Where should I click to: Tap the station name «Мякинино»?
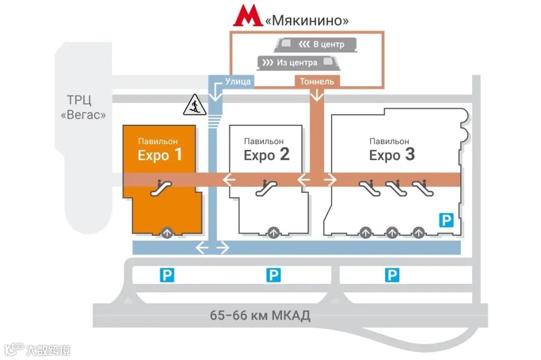(307, 21)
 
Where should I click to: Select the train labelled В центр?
(316, 45)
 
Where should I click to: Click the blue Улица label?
(237, 82)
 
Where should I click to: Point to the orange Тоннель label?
(317, 82)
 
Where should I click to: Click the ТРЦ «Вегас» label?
(83, 107)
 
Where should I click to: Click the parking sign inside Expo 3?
(446, 219)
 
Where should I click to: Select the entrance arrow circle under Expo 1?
(166, 232)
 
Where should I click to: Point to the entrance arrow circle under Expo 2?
(273, 232)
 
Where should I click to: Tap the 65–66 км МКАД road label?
(260, 315)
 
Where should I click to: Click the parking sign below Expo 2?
(274, 275)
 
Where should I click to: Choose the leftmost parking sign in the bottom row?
(167, 275)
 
